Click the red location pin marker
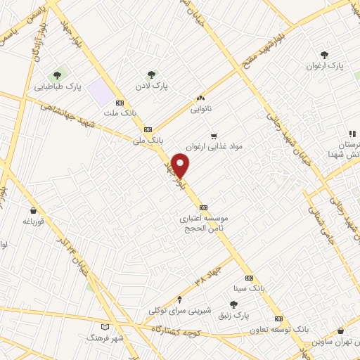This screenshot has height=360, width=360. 181,166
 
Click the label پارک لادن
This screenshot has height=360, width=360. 150,86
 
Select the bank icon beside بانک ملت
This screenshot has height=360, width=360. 120,102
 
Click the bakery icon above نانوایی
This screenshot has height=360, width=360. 200,98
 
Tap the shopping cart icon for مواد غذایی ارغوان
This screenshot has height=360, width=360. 213,136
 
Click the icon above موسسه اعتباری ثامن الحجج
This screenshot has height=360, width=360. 204,207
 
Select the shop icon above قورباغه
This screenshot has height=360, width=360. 33,210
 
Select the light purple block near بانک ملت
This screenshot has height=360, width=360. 101,92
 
